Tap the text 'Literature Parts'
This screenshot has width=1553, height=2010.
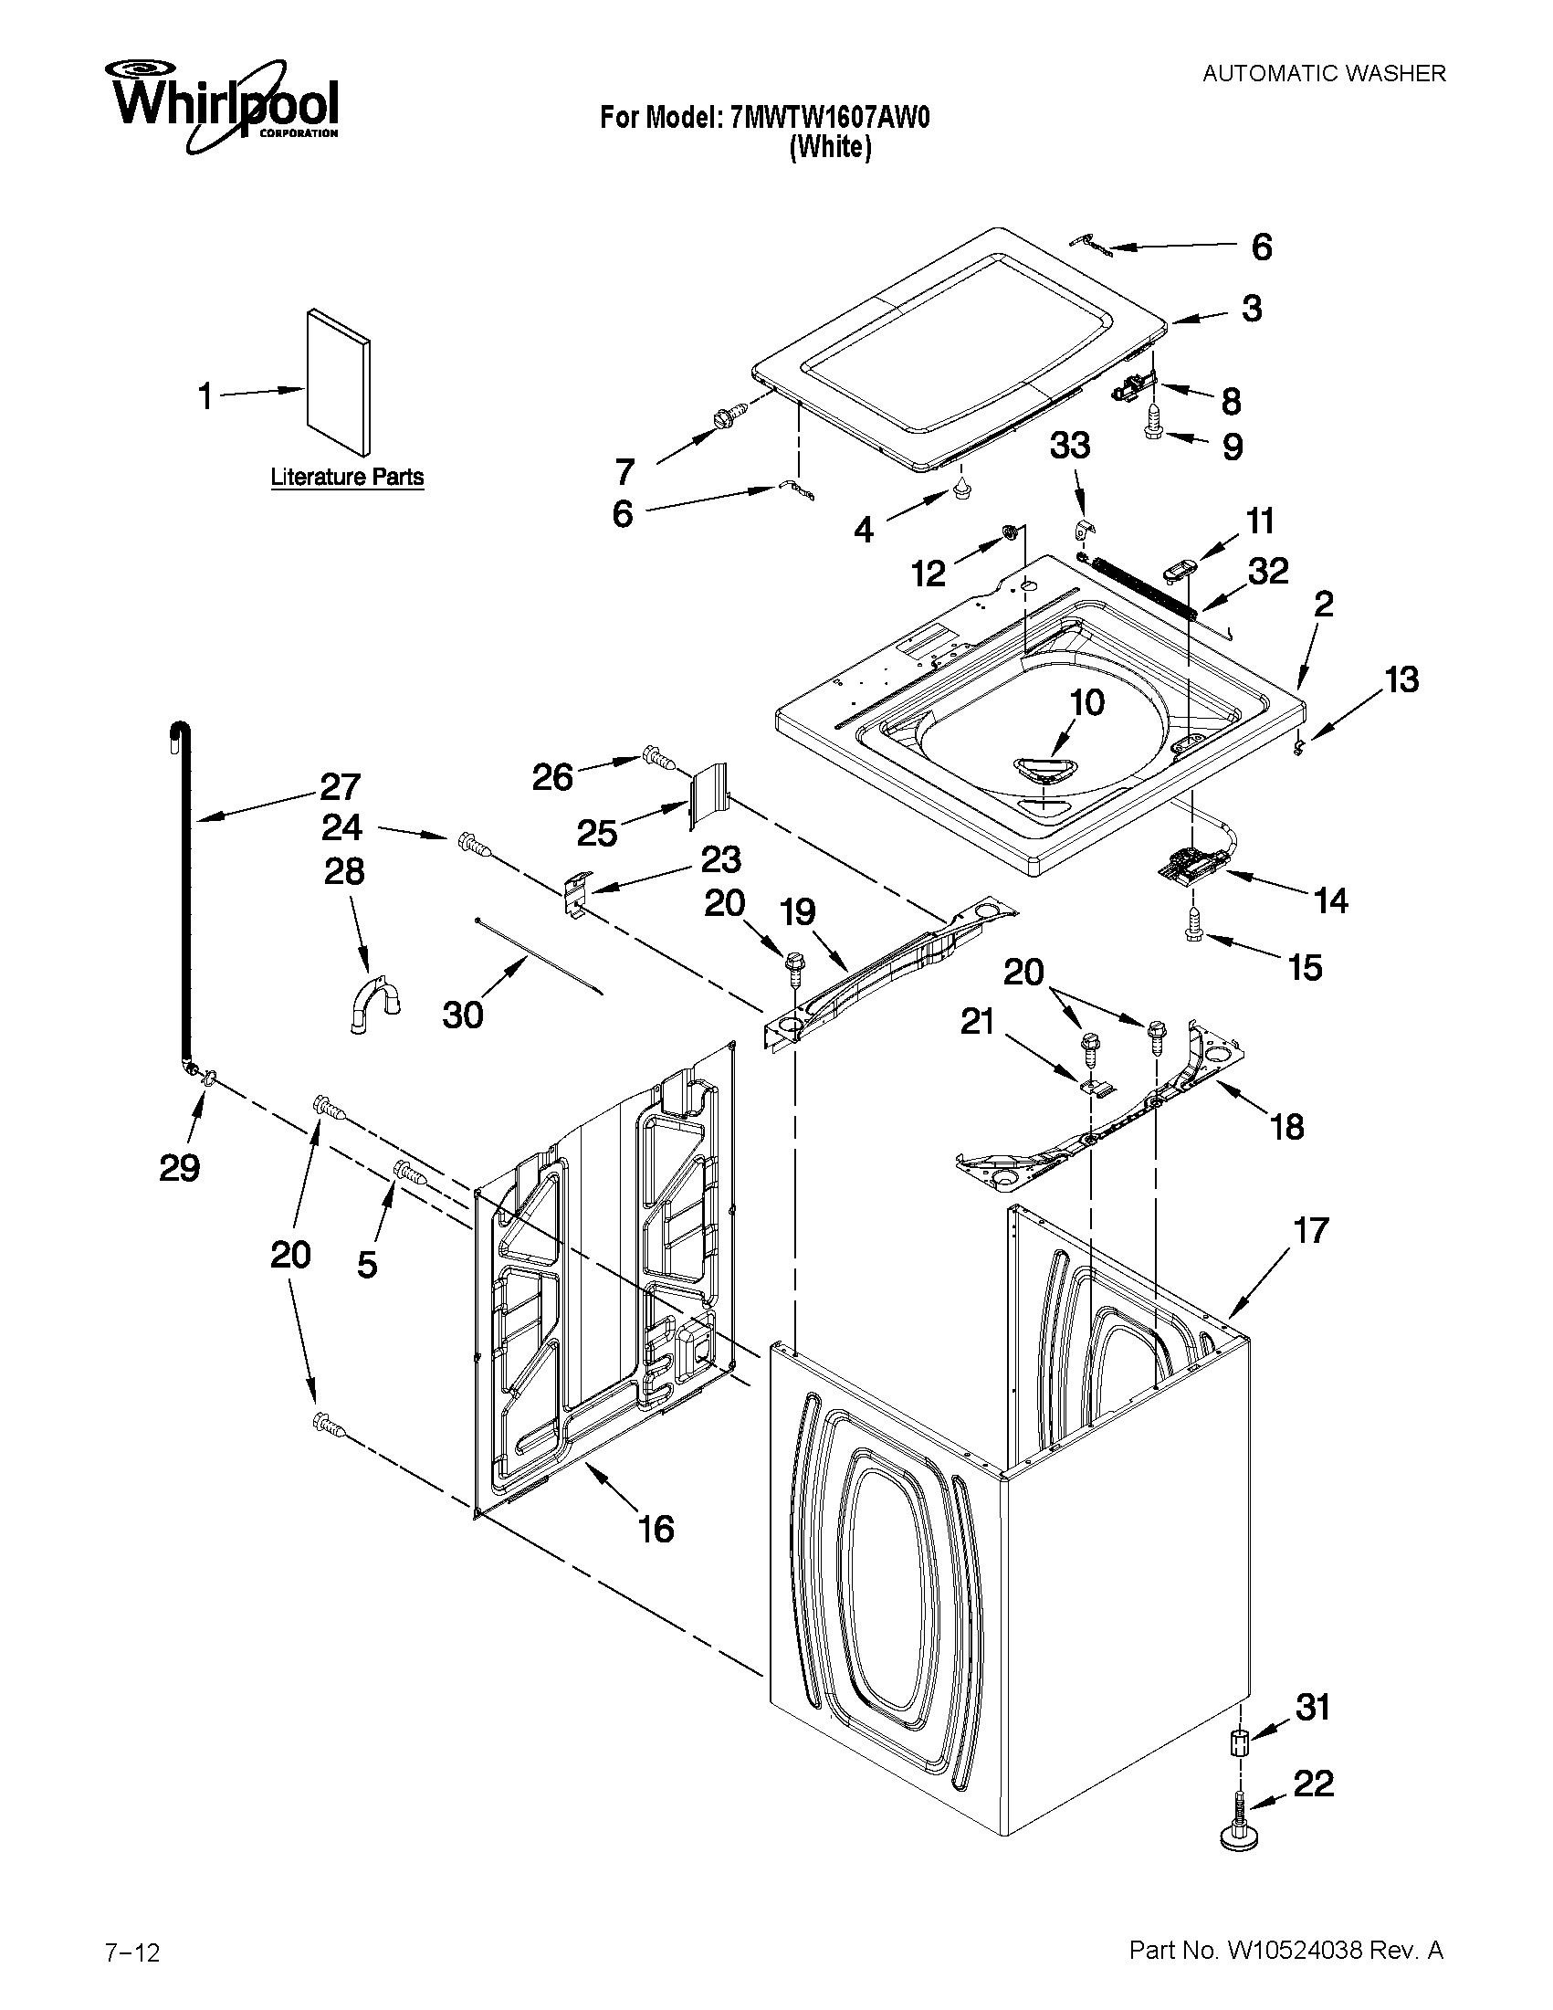[347, 477]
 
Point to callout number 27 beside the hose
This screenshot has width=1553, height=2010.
[341, 787]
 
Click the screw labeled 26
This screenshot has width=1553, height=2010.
[660, 757]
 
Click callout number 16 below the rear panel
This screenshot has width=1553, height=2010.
[656, 1529]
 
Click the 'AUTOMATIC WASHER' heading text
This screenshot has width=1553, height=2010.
[1324, 74]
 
